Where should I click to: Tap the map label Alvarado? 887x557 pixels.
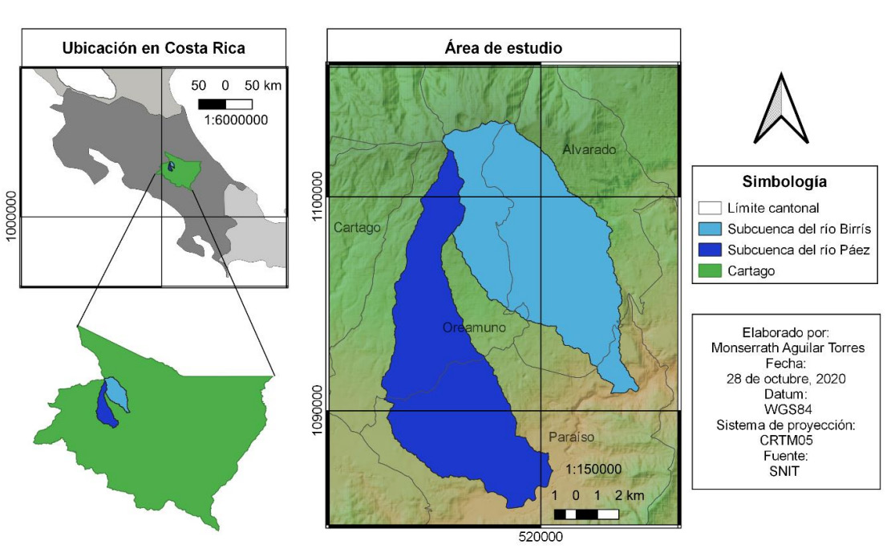(589, 150)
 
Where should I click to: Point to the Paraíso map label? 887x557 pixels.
(572, 437)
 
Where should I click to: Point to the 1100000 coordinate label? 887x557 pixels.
(318, 195)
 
